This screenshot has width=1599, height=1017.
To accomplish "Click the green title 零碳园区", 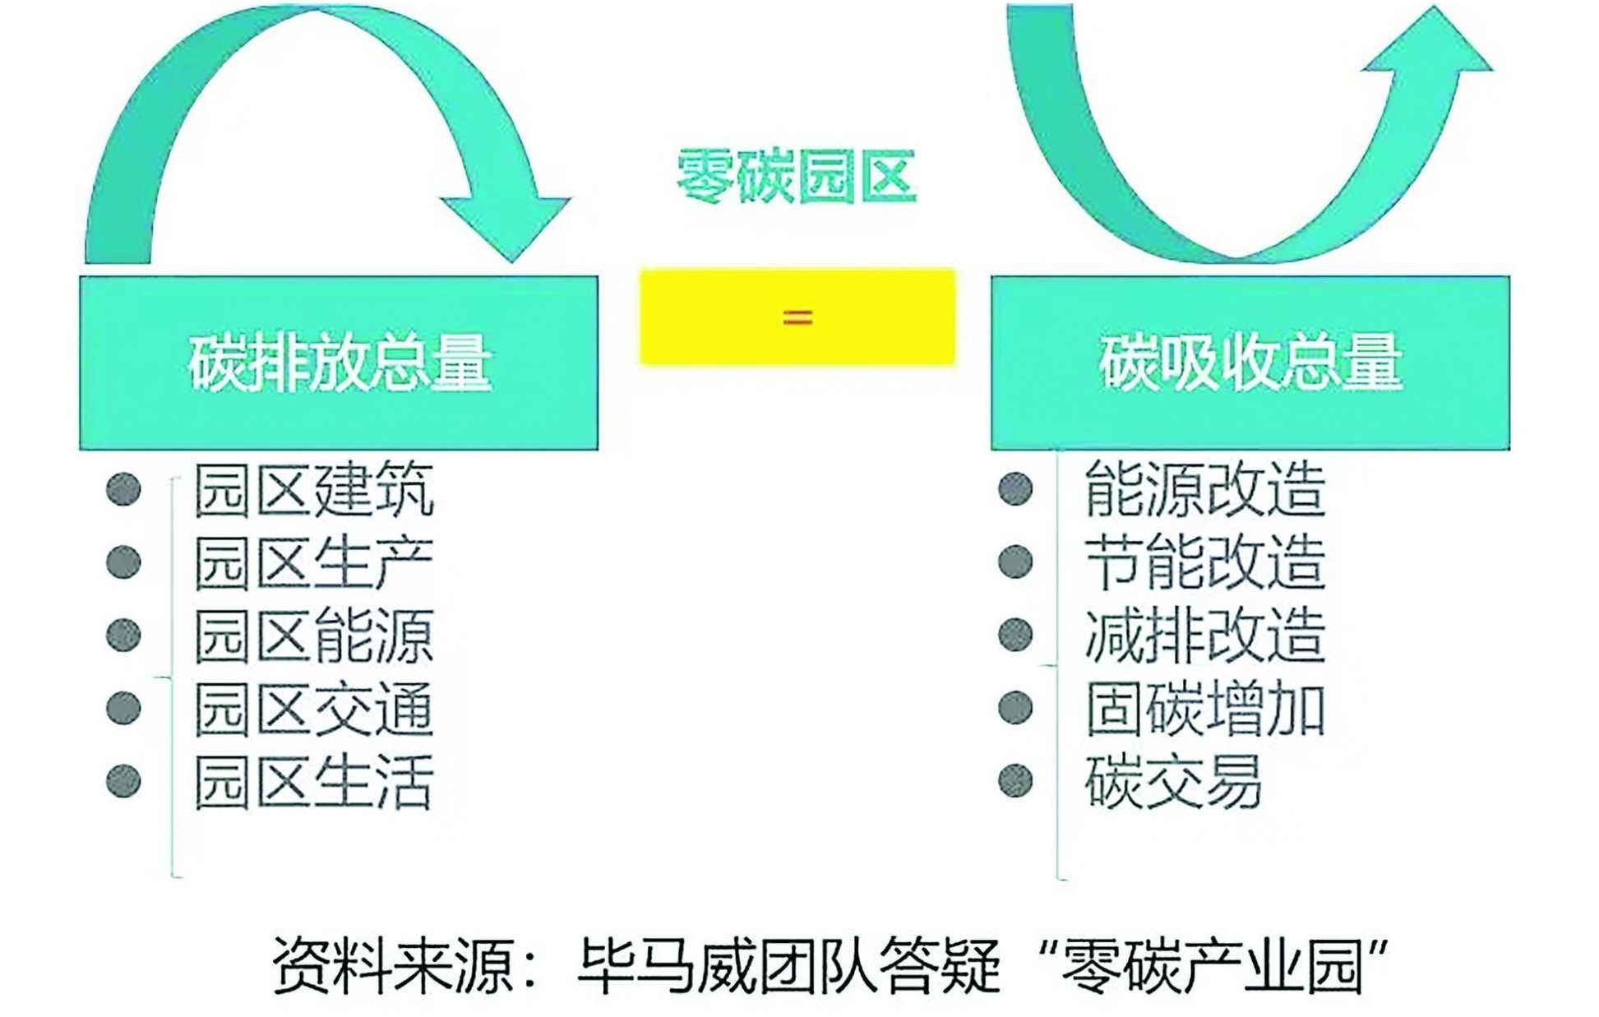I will point(796,177).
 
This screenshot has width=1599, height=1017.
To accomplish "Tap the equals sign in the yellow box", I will point(797,317).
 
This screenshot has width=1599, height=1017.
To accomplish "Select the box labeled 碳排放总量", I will point(339,363).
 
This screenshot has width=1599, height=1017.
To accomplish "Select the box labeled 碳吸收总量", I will point(1250,363).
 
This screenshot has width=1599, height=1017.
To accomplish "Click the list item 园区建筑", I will point(314,491).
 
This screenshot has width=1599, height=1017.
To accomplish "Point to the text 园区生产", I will point(314,563).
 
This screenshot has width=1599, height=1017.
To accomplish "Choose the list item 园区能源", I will point(314,636).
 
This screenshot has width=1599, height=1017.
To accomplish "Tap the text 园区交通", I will point(314,709).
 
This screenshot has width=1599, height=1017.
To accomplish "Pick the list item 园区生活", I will point(314,782).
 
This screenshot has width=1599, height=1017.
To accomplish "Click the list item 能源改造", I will point(1205,489).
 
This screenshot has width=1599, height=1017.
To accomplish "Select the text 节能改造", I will point(1205,562).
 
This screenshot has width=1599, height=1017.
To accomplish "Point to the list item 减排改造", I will point(1205,636).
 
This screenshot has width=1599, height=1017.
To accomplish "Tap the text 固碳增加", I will point(1205,709).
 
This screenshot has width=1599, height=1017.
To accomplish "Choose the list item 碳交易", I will point(1173,782).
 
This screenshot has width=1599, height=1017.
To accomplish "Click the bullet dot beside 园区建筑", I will point(123,490).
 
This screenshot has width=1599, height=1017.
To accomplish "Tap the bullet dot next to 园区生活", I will point(123,781).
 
